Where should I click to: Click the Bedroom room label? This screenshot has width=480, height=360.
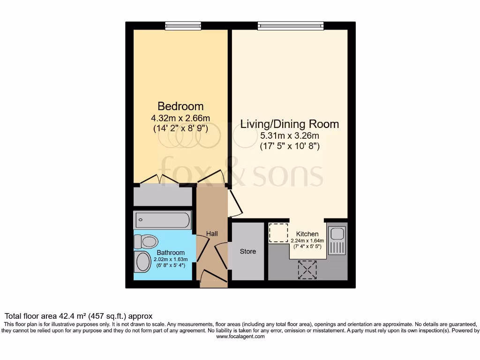coord(180,106)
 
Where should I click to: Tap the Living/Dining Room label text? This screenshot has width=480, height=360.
coord(289,124)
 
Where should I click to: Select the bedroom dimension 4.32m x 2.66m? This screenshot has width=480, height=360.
coord(180,117)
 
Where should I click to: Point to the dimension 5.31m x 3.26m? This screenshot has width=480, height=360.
coord(289,136)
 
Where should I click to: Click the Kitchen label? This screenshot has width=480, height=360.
coord(307,234)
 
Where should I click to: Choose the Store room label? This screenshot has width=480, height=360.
coord(248,252)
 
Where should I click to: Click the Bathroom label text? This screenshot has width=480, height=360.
coord(171,253)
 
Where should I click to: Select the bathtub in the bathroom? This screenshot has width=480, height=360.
coord(162,220)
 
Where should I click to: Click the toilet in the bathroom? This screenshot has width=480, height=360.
coord(146,242)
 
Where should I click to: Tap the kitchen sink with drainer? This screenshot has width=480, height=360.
coord(337,240)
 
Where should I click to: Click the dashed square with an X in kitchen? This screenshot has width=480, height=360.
coord(307,270)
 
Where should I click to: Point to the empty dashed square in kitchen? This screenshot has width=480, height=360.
coord(279,232)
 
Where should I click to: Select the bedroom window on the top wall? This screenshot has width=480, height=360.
coord(182,25)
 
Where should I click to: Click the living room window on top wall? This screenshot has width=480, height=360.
coord(290,25)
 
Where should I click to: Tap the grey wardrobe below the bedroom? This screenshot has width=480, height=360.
coord(162,195)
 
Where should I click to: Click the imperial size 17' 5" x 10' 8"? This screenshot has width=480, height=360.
coord(289,146)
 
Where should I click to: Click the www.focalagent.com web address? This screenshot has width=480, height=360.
coord(240,337)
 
